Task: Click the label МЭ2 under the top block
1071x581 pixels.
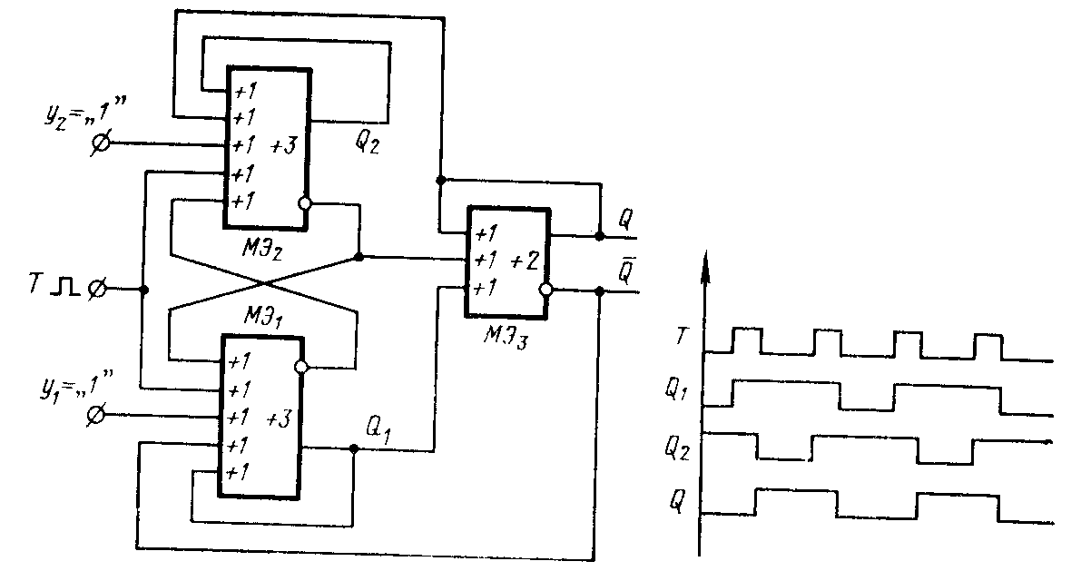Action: (264, 249)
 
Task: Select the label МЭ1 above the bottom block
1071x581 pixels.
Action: (264, 319)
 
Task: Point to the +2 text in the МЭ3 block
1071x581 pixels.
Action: (524, 261)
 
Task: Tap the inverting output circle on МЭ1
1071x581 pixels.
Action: (303, 368)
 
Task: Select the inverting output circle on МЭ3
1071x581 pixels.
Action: (545, 291)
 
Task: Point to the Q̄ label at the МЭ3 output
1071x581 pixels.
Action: (625, 271)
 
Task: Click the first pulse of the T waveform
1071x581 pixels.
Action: (746, 340)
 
